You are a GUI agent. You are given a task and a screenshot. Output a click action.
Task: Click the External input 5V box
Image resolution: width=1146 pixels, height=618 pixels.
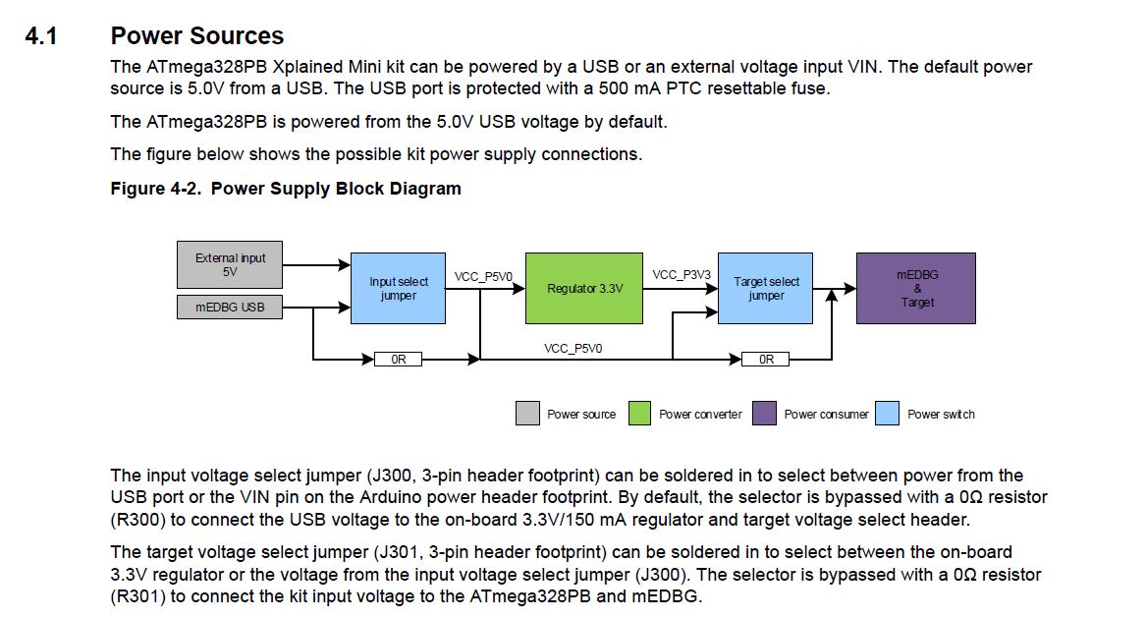tap(230, 264)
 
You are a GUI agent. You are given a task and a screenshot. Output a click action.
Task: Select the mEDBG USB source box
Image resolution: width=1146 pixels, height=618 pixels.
tap(230, 308)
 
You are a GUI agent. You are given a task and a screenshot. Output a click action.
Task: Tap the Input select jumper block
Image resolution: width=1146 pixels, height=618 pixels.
tap(398, 288)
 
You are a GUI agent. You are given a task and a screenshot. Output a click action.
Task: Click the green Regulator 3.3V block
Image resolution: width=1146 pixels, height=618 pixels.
tap(584, 288)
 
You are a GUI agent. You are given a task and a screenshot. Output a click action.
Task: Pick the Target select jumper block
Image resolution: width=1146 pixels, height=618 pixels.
tap(765, 288)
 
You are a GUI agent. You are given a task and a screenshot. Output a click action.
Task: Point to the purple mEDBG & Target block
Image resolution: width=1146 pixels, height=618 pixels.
tap(916, 288)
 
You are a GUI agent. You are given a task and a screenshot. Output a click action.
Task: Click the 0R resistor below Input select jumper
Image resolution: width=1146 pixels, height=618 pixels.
tap(398, 360)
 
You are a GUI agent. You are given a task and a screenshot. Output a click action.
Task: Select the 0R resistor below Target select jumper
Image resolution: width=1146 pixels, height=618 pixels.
tap(766, 360)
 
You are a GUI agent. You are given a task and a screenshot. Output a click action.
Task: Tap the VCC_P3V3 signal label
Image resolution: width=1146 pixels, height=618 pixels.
tap(681, 274)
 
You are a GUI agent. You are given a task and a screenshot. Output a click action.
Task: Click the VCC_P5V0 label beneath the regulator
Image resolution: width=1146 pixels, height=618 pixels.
tap(573, 348)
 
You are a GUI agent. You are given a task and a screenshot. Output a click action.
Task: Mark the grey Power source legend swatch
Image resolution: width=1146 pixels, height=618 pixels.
tap(527, 414)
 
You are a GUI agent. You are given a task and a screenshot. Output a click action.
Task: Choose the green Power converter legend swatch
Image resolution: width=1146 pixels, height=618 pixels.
tap(639, 414)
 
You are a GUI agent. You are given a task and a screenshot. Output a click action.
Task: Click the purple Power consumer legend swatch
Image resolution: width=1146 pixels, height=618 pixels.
tap(765, 414)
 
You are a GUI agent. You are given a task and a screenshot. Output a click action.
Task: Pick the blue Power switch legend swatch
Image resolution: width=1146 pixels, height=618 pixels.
tap(887, 414)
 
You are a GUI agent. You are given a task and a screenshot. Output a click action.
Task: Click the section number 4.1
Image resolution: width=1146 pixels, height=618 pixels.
tap(41, 36)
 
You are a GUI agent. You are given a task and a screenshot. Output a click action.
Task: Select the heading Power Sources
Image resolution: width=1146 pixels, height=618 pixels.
tap(196, 36)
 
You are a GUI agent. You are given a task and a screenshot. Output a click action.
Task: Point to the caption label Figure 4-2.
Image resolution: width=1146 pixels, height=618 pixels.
tap(156, 188)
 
